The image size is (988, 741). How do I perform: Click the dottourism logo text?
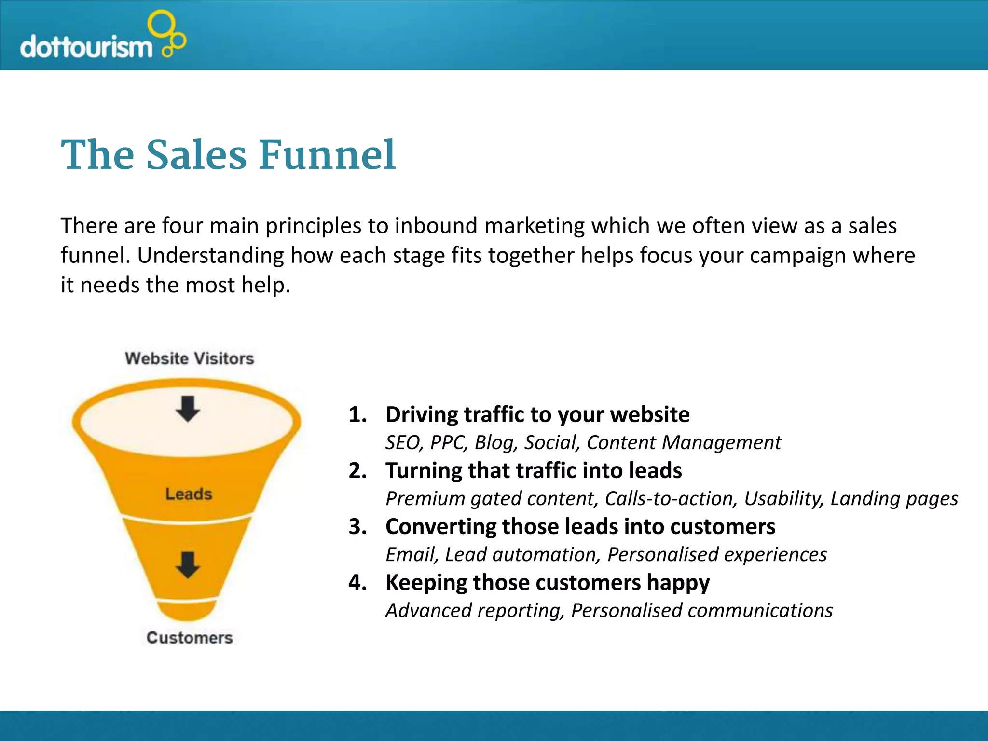coord(86,47)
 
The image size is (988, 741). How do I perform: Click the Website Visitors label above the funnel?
coord(189,358)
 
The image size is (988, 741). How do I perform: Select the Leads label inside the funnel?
coord(189,494)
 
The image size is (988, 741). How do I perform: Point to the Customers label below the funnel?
coord(190,638)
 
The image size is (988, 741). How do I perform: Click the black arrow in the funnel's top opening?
coord(188,409)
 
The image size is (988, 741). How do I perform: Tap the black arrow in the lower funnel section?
coord(188,564)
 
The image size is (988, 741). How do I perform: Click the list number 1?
coord(357,415)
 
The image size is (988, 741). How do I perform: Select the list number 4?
coord(357,583)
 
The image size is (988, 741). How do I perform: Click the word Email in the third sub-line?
coord(412,555)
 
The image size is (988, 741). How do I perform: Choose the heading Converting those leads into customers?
coord(580,527)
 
